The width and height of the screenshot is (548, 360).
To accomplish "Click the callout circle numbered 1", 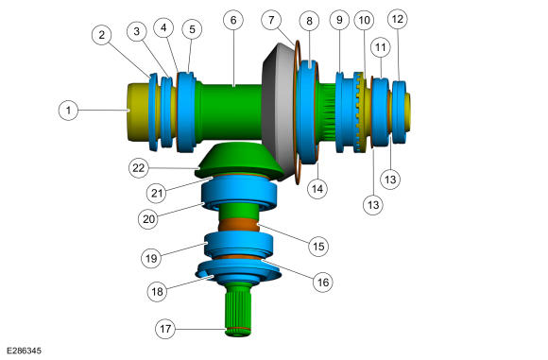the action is tap(68, 111).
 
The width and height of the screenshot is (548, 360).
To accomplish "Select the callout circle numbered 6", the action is tap(233, 20).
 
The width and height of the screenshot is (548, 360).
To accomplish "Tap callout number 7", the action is tap(271, 20).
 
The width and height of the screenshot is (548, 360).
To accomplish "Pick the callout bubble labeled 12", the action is tap(398, 19).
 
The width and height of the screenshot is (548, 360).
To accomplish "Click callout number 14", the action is tap(317, 189).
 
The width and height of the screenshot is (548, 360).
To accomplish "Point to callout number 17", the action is tap(165, 329).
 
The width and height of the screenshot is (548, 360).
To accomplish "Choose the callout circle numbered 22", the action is tap(138, 168).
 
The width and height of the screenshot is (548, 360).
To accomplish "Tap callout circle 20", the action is tap(148, 219).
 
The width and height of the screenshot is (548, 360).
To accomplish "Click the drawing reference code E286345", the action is tap(24, 351).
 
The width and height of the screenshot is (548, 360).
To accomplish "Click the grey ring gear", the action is tap(279, 111).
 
